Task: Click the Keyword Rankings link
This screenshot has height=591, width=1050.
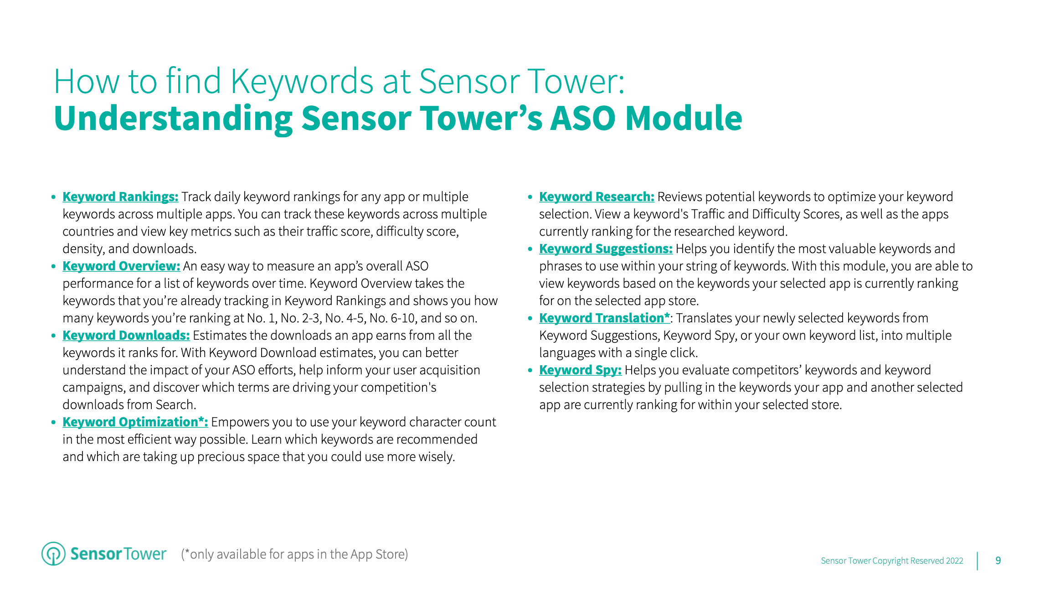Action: (120, 197)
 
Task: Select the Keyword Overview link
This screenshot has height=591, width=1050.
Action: (121, 266)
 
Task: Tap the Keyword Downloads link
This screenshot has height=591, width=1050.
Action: (126, 336)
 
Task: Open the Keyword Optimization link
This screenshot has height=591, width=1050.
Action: (135, 422)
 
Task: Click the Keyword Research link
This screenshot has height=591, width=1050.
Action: (597, 197)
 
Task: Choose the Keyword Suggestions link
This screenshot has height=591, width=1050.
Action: (606, 249)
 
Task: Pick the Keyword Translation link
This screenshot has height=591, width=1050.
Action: (604, 318)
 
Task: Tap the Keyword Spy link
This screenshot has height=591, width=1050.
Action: (580, 370)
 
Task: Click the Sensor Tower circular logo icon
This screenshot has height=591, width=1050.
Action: (53, 554)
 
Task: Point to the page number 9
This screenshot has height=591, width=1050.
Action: (998, 560)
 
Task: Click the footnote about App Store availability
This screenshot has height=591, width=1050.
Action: (294, 554)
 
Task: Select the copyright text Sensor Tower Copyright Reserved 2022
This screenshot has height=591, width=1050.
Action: (892, 561)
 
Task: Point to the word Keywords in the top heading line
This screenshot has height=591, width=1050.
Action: (302, 82)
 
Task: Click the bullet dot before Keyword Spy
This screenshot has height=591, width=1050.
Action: (530, 370)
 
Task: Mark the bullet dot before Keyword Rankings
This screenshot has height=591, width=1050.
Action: (53, 197)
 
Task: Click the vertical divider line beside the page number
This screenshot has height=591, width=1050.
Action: (978, 561)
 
